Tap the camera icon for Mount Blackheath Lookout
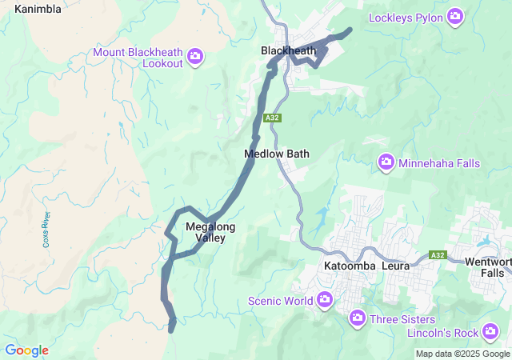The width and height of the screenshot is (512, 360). click(195, 56)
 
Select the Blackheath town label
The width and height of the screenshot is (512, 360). click(288, 50)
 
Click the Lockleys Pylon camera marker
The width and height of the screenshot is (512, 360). click(455, 17)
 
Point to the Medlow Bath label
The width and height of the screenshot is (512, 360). click(276, 153)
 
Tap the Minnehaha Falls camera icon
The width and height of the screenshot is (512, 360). click(386, 163)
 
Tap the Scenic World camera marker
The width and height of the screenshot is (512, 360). click(325, 301)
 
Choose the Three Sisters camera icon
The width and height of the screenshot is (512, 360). click(358, 318)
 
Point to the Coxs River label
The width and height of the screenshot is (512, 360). click(46, 230)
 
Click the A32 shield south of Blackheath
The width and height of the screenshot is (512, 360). click(295, 118)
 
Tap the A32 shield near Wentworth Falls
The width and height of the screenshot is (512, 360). click(436, 254)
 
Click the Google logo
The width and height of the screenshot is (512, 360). click(26, 350)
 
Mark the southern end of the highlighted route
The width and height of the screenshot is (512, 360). click(171, 328)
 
